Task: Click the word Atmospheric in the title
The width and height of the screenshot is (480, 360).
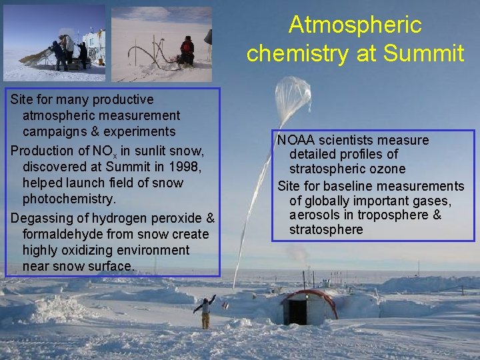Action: [355, 25]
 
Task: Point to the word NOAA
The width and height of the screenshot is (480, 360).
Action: [297, 140]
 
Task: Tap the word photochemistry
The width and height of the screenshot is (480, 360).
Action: [69, 199]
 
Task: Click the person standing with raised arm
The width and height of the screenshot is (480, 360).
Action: [205, 312]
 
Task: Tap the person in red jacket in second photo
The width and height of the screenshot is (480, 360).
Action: [187, 50]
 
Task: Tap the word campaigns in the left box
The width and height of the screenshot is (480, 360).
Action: [53, 131]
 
